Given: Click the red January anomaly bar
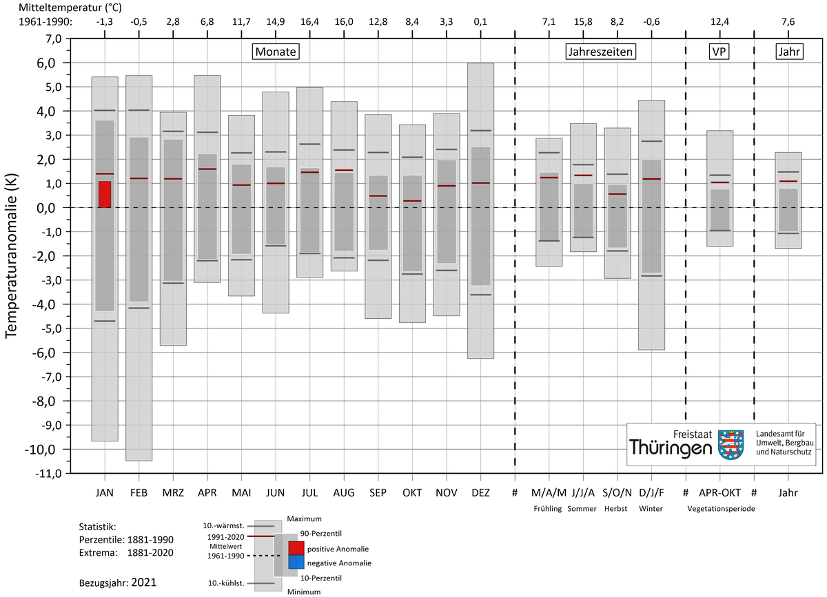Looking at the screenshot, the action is coord(105,194).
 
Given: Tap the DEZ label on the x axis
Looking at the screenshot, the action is coord(481,492).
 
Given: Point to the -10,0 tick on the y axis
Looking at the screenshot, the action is coord(40,450).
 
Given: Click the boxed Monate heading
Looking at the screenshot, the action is coord(276,52).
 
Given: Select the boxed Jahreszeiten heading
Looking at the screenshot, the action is coord(600,52).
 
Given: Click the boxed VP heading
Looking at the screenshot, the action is coord(719,52).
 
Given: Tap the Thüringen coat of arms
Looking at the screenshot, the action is coord(731,444).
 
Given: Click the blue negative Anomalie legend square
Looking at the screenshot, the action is coord(296,563).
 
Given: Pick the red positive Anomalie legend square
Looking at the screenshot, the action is coord(296,548).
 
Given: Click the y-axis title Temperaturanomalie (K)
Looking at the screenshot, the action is coord(12,255).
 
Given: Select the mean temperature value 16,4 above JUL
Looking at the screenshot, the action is coord(309,22).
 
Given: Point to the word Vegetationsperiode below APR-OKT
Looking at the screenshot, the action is coord(721,509).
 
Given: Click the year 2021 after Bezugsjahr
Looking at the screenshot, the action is coord(143,583).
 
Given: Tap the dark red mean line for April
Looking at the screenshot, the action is coord(207,169).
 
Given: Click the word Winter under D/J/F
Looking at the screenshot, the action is coord(651,508).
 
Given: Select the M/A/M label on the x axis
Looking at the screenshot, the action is coord(549,492).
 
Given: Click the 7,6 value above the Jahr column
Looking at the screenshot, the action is coord(788,22).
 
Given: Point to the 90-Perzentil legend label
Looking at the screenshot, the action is coord(321,534).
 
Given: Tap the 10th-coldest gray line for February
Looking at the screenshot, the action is coord(139,308).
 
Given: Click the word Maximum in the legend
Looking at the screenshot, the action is coord(304,519).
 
